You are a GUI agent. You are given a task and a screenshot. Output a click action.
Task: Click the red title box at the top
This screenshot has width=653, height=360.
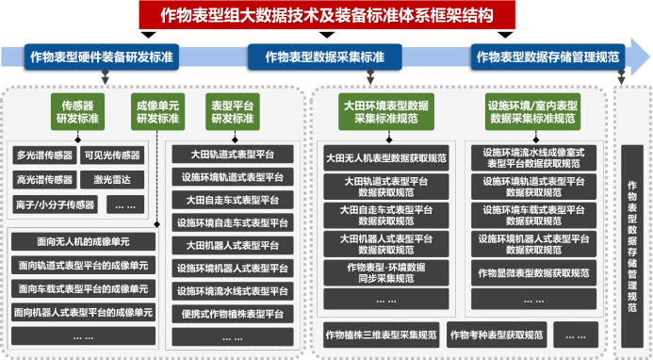click(326, 15)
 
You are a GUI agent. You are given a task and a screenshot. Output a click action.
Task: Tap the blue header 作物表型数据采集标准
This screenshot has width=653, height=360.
click(325, 57)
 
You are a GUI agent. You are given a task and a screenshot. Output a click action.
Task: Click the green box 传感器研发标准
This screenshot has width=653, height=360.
click(78, 111)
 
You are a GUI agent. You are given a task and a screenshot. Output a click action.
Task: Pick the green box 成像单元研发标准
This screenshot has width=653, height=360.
click(155, 111)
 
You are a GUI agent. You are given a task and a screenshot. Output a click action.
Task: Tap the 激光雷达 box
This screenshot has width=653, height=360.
click(111, 179)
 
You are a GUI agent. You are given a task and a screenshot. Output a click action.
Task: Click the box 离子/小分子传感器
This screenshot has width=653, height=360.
click(55, 204)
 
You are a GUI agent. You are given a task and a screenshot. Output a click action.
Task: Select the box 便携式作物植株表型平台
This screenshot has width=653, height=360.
click(234, 313)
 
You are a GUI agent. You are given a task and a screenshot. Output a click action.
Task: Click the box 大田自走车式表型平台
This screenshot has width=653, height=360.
click(234, 200)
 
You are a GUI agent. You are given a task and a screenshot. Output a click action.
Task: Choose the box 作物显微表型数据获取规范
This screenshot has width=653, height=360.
click(532, 273)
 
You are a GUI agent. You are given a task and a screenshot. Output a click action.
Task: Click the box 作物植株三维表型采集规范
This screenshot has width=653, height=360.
click(380, 335)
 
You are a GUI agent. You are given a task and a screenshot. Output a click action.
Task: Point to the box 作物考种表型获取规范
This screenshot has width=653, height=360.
click(496, 335)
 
